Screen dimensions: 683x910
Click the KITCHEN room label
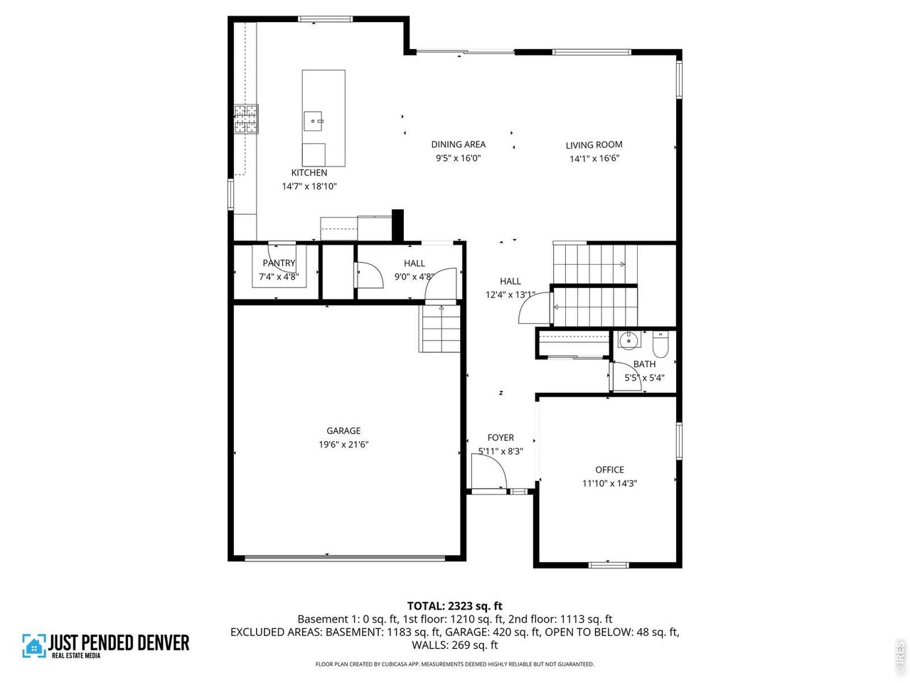[309, 173]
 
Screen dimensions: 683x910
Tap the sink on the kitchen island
[314, 122]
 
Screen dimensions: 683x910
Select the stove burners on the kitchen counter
[247, 119]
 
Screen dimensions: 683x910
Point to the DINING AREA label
[459, 144]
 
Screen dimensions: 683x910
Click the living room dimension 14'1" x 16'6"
[594, 159]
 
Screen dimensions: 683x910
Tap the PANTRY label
[279, 263]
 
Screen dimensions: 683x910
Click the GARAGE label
[343, 430]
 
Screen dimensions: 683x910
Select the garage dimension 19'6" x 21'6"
[343, 445]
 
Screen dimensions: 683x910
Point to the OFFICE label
[609, 470]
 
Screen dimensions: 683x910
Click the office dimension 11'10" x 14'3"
[609, 484]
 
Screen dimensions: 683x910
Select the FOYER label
[500, 438]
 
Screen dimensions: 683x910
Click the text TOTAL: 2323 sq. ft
[454, 606]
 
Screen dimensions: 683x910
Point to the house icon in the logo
[33, 645]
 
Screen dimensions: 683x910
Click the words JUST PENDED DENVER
[119, 642]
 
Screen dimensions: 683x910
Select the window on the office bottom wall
[609, 565]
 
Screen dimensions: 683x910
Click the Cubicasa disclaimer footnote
[454, 664]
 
